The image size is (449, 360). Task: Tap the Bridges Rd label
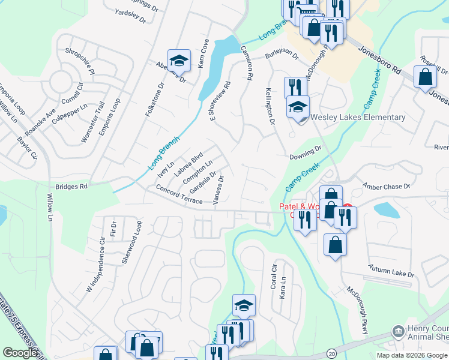pos(71,187)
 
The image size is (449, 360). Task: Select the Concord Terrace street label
pos(179,194)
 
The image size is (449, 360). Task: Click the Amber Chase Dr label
pos(387,187)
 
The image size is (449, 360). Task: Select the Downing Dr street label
pos(306,154)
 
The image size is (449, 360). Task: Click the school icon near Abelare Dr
pos(179,61)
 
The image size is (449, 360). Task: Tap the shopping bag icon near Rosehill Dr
pos(426,77)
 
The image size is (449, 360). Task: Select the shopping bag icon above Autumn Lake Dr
pos(335,245)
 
